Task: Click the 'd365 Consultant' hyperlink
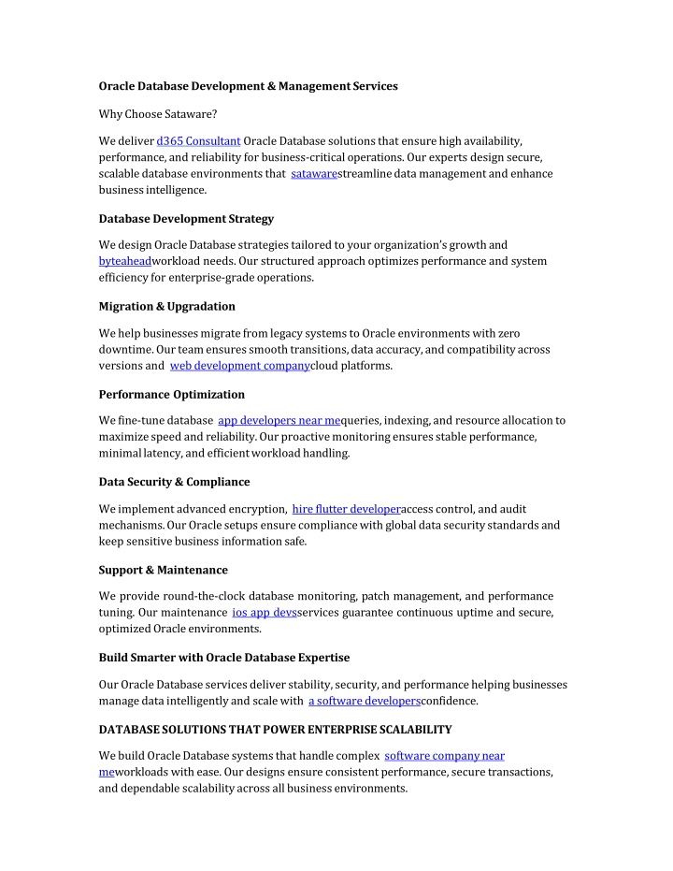click(x=199, y=140)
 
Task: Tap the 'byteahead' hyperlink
click(x=125, y=261)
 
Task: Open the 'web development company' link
click(x=239, y=366)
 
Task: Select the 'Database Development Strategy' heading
click(x=186, y=219)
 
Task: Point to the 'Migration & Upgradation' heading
click(x=167, y=306)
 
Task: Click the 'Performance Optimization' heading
click(x=172, y=394)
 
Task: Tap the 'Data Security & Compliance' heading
click(x=175, y=482)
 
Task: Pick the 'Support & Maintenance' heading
click(x=164, y=569)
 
